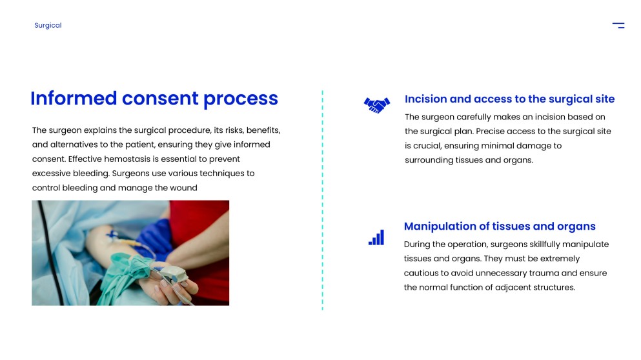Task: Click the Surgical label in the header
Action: (48, 25)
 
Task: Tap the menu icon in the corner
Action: (618, 25)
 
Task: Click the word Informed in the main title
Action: (74, 99)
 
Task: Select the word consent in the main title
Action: (160, 99)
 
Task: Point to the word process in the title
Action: (240, 99)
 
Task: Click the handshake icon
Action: (377, 105)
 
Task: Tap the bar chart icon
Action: (376, 237)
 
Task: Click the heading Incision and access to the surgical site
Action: (509, 99)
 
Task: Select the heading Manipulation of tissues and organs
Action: (500, 226)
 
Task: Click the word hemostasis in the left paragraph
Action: (127, 159)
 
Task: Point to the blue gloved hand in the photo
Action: (156, 241)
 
